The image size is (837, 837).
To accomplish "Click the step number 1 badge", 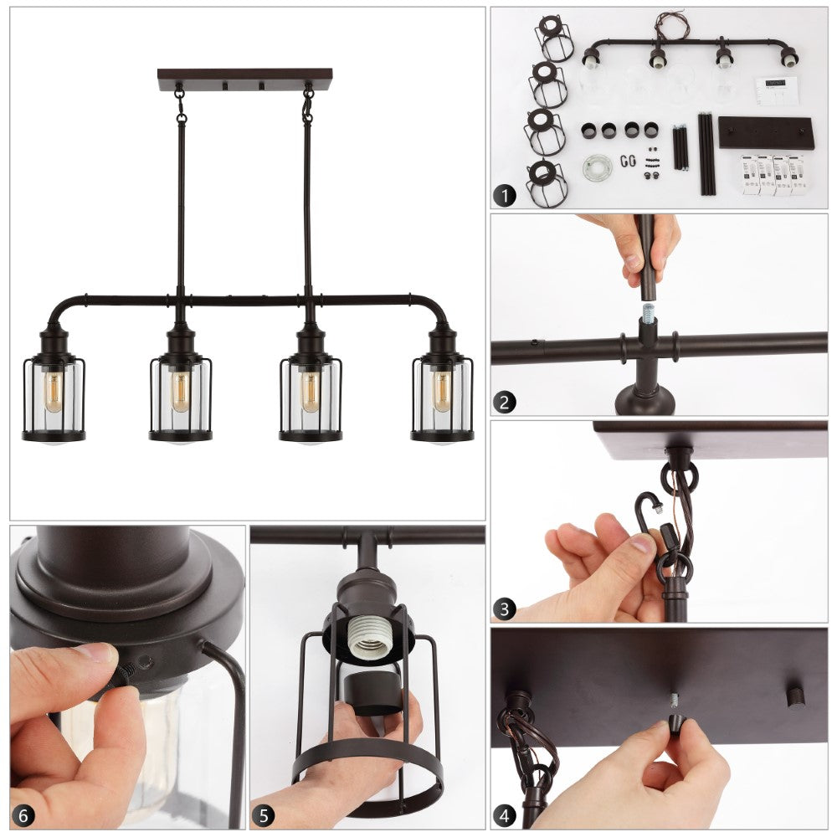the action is point(505,195).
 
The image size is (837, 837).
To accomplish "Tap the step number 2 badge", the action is point(505,402).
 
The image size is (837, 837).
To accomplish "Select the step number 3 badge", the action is point(505,608).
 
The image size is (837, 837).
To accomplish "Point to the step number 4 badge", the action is point(505,815).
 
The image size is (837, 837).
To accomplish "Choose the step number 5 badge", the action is point(264,815).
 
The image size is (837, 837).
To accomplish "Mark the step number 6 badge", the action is point(23,815).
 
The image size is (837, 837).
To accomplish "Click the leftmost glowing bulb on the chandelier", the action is point(53,391).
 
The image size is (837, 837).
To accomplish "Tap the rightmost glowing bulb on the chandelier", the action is point(441,391).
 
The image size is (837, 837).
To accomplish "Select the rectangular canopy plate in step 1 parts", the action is point(766,132).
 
